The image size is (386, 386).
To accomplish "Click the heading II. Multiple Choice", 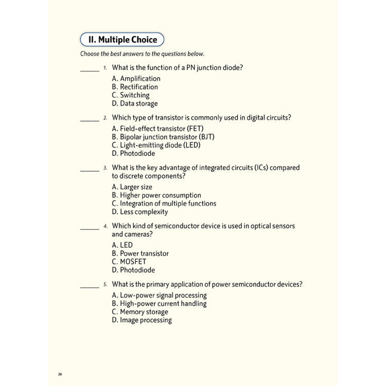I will pyautogui.click(x=122, y=40).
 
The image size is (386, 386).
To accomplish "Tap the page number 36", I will pyautogui.click(x=60, y=374).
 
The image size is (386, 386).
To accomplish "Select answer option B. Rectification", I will pyautogui.click(x=135, y=87).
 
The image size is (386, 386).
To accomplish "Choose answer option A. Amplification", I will pyautogui.click(x=136, y=79).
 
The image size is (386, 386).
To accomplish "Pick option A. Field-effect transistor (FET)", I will pyautogui.click(x=157, y=129).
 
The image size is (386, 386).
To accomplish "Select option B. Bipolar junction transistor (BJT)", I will pyautogui.click(x=163, y=137).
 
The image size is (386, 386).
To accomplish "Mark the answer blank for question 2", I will pyautogui.click(x=90, y=120).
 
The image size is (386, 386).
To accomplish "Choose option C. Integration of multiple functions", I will pyautogui.click(x=164, y=203).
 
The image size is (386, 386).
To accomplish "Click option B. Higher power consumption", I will pyautogui.click(x=156, y=195).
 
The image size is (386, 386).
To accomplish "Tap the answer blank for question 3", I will pyautogui.click(x=90, y=170).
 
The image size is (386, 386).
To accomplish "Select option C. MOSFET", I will pyautogui.click(x=129, y=261).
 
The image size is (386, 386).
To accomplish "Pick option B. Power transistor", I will pyautogui.click(x=140, y=253).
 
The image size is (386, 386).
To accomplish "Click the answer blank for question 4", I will pyautogui.click(x=90, y=228).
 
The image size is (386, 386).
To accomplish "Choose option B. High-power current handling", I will pyautogui.click(x=159, y=304).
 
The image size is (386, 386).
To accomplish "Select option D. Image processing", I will pyautogui.click(x=142, y=320).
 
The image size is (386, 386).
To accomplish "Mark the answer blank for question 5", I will pyautogui.click(x=90, y=287).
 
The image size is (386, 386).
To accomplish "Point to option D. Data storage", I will pyautogui.click(x=134, y=103).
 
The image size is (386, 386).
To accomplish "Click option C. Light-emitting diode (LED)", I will pyautogui.click(x=156, y=145).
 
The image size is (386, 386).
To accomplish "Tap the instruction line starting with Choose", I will pyautogui.click(x=142, y=54).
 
